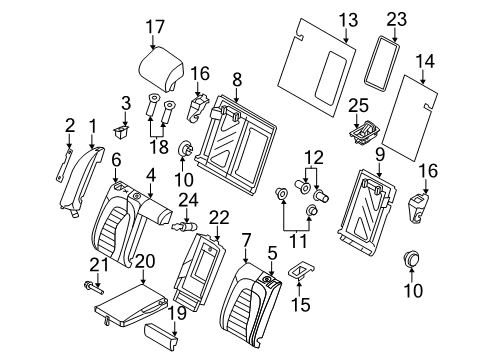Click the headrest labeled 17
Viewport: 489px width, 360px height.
click(x=161, y=69)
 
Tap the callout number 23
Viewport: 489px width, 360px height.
click(x=396, y=20)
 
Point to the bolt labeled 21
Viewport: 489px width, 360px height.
click(x=93, y=288)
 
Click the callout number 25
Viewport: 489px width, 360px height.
click(x=358, y=106)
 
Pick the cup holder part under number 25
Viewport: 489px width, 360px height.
click(x=364, y=132)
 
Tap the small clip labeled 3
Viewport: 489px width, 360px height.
click(x=121, y=131)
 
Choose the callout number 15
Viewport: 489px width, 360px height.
click(x=301, y=304)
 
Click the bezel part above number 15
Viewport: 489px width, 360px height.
click(x=301, y=269)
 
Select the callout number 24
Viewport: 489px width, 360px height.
click(x=188, y=200)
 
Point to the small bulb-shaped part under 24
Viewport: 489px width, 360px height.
click(x=185, y=227)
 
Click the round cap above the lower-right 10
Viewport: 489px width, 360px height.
click(x=411, y=258)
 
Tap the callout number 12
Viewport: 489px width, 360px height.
click(x=315, y=157)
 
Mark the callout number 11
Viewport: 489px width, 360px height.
click(x=298, y=241)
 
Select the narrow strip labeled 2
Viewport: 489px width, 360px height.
click(x=63, y=165)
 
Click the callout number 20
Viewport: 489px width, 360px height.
click(x=145, y=261)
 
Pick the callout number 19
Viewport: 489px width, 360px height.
click(x=177, y=313)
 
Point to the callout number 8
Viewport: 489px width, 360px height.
click(x=237, y=80)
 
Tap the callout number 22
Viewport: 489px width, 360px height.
click(x=219, y=217)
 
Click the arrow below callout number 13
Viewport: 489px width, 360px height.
click(x=346, y=36)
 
